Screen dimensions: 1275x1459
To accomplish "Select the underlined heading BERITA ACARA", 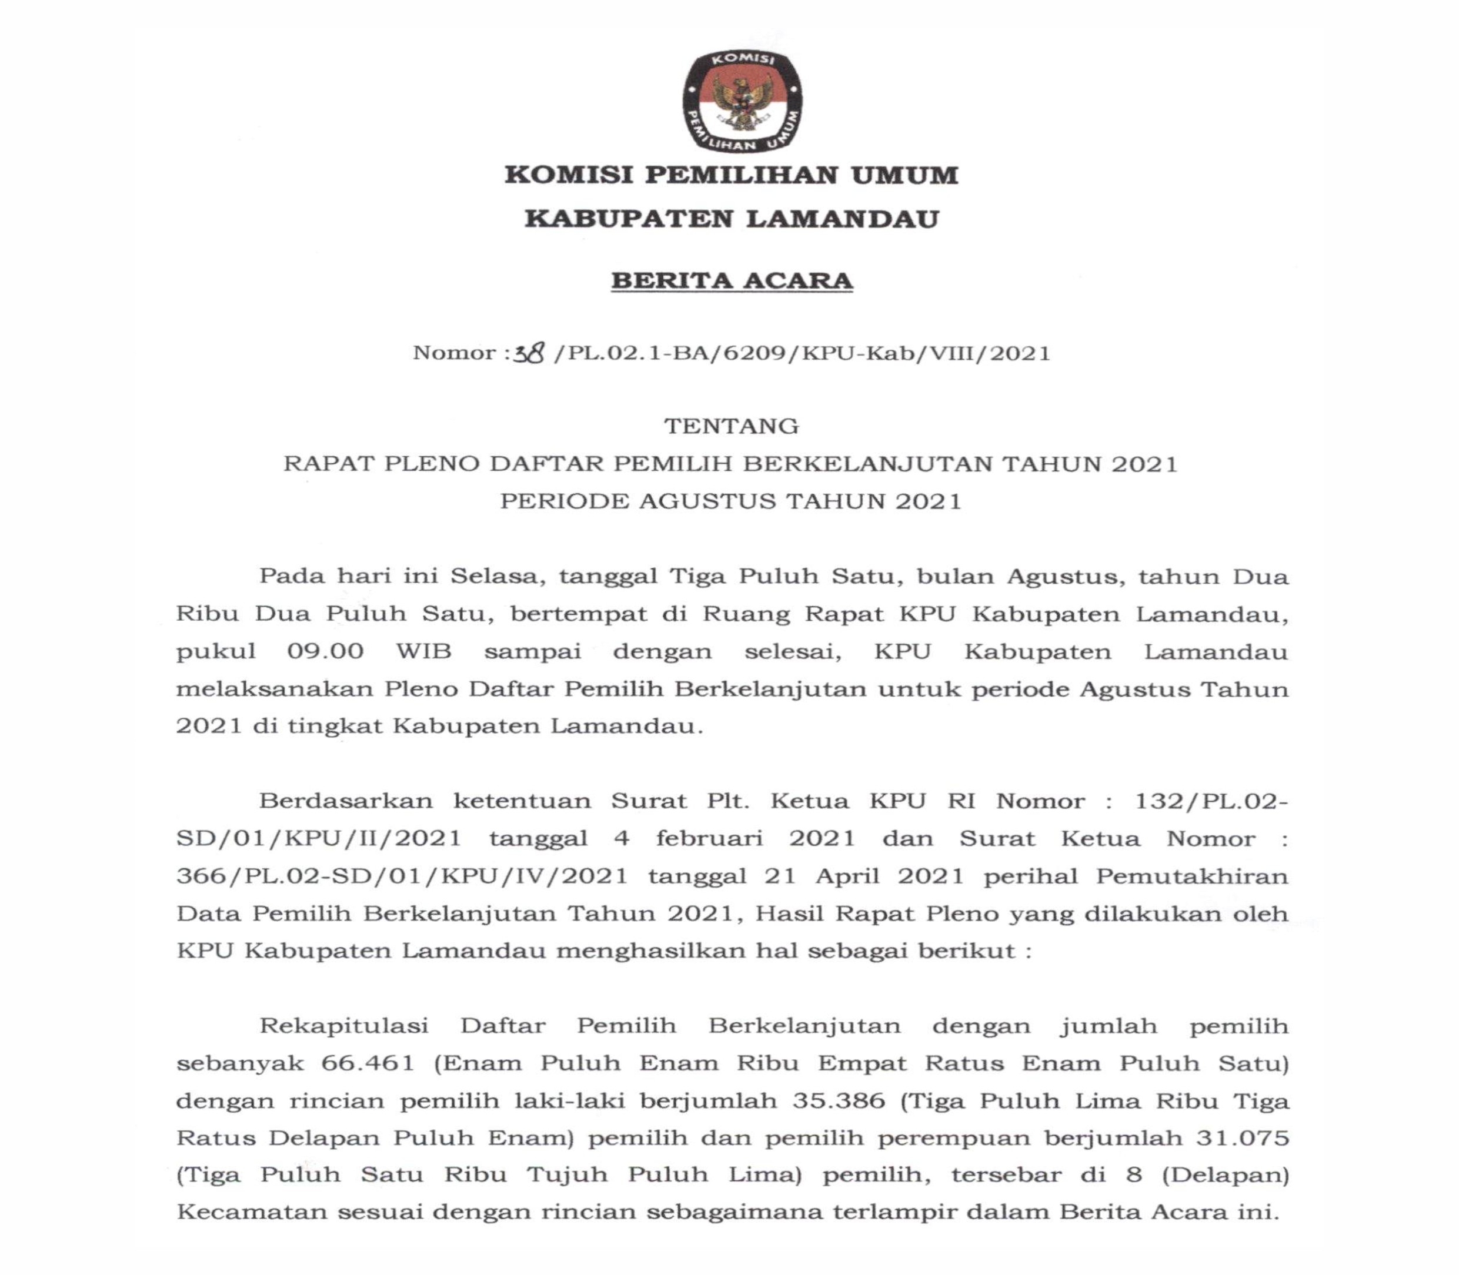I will point(732,280).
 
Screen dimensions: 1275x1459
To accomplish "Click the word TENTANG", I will point(731,426).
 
